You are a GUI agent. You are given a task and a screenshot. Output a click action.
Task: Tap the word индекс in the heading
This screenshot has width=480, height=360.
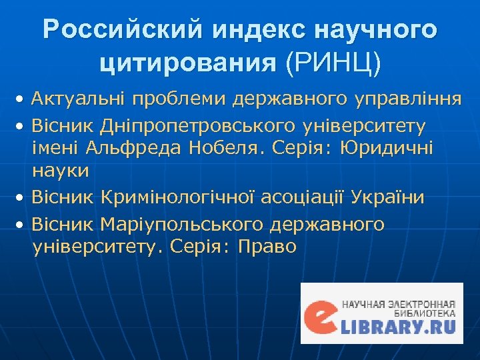[250, 29]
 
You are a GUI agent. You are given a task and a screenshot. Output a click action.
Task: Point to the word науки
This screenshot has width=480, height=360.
[61, 171]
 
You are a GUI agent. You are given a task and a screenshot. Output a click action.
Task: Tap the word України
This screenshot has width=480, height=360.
[387, 197]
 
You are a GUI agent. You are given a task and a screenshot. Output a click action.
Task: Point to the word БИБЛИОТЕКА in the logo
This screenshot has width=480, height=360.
[427, 312]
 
